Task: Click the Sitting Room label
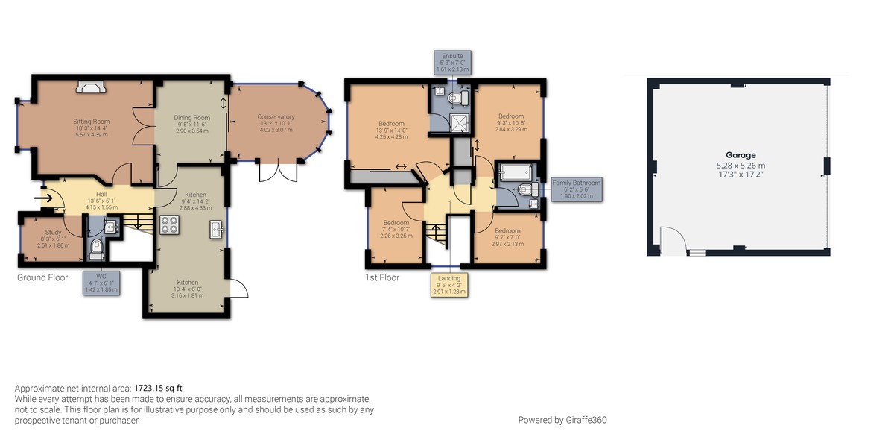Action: click(x=92, y=121)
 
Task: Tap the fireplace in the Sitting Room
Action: click(x=92, y=89)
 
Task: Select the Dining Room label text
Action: click(x=192, y=117)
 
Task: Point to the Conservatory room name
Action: click(x=276, y=116)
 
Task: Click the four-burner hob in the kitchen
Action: click(x=169, y=224)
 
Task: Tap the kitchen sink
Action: click(x=216, y=229)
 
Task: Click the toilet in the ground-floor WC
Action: click(x=96, y=247)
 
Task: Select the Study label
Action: click(x=53, y=233)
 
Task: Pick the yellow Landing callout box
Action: click(x=449, y=285)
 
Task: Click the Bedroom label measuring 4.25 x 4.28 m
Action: click(x=391, y=124)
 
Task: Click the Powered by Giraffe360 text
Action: click(x=562, y=420)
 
